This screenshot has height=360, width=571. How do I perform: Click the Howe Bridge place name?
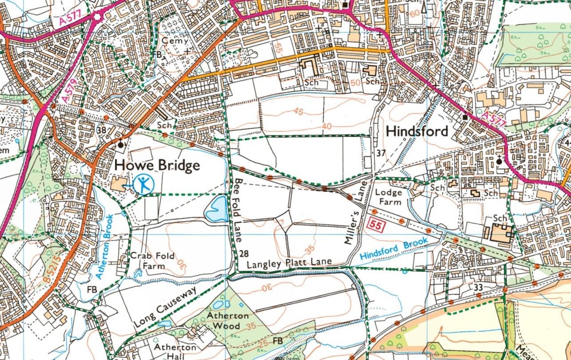pyautogui.click(x=157, y=166)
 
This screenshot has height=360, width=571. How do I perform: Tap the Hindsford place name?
pyautogui.click(x=416, y=131)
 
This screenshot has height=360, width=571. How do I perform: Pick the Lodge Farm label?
pyautogui.click(x=388, y=197)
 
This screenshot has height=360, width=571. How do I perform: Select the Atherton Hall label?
pyautogui.click(x=174, y=351)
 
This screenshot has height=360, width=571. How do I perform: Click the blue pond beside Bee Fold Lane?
pyautogui.click(x=216, y=209)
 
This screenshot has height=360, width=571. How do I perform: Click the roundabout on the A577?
pyautogui.click(x=97, y=17)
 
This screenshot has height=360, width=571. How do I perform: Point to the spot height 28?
pyautogui.click(x=244, y=253)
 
